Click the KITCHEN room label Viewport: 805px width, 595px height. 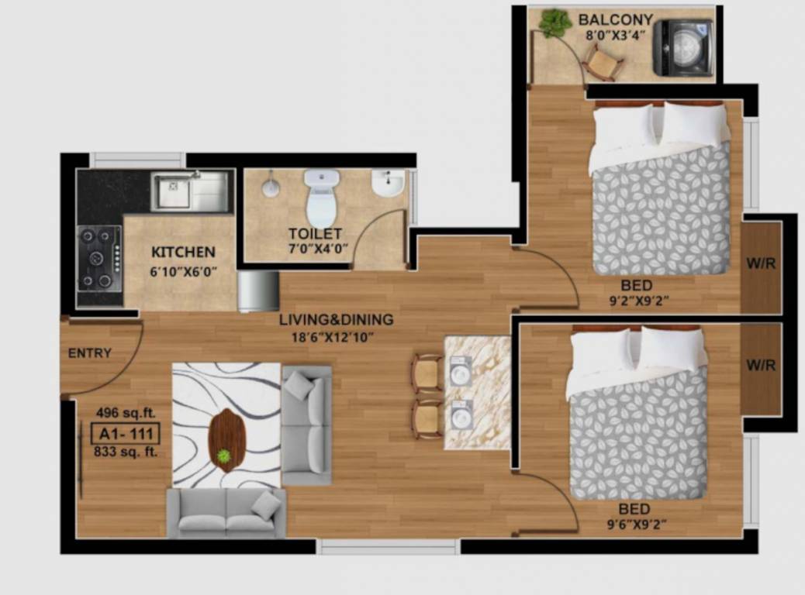tap(183, 253)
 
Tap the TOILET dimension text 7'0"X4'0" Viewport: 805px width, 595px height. tap(318, 249)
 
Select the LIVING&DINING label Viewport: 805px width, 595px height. tap(337, 319)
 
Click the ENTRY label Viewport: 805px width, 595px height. tap(90, 353)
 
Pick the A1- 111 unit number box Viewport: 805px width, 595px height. tap(124, 432)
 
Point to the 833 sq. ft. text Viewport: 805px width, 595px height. tap(125, 452)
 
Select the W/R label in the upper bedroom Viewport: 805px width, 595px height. tap(761, 263)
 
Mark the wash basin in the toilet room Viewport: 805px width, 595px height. tap(387, 185)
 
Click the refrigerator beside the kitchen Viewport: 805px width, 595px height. tap(258, 291)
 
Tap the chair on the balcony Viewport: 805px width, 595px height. tap(603, 63)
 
